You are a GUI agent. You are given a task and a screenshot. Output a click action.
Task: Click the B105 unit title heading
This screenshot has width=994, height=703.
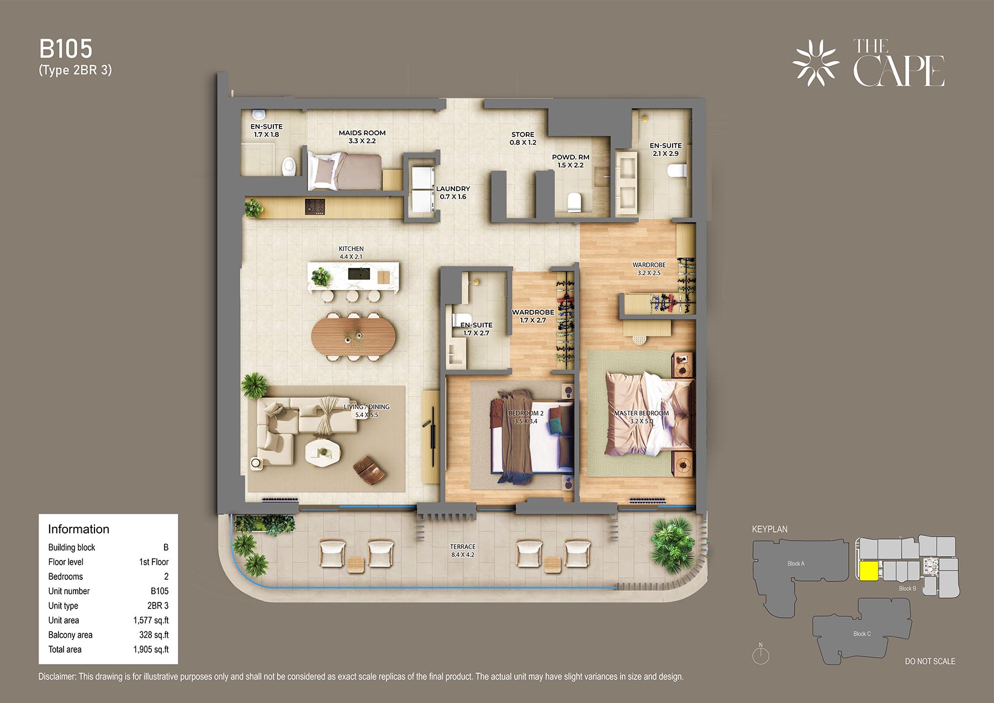tap(66, 49)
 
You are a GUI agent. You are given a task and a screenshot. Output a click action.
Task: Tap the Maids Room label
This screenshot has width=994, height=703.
tap(362, 137)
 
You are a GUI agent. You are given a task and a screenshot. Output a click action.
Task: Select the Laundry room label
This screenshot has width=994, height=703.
tap(453, 193)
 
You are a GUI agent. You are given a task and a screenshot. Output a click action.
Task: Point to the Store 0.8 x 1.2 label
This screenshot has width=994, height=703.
tap(523, 138)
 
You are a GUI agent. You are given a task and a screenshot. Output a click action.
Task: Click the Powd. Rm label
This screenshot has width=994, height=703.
tap(570, 161)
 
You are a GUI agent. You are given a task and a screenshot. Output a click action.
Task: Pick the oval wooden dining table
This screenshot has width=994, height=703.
tap(353, 336)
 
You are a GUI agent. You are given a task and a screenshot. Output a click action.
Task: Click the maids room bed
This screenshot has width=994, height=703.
tap(345, 172)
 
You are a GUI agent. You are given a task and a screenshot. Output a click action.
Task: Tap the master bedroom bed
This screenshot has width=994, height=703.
tap(649, 414)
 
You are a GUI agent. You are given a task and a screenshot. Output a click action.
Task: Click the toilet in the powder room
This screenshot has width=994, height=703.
tap(575, 202)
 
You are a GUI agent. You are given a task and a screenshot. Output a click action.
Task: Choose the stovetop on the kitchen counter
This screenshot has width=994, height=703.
tap(315, 207)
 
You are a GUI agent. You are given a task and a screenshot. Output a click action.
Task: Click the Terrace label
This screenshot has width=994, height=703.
tap(462, 551)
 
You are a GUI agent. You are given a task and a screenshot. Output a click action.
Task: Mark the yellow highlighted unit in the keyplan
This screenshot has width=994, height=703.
tap(869, 570)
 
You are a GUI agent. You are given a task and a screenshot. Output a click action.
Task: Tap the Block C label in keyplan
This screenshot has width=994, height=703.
tap(861, 633)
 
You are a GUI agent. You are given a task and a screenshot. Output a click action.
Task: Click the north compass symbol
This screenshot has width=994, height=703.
tap(760, 654)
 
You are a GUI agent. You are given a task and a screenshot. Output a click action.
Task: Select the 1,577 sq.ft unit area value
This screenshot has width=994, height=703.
tap(151, 620)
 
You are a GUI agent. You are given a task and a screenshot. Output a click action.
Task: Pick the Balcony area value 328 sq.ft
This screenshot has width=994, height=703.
tap(154, 635)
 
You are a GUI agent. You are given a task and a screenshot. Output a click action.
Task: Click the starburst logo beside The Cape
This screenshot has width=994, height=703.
tap(816, 63)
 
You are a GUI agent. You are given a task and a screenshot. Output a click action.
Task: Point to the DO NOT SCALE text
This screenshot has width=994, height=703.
tap(930, 661)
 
